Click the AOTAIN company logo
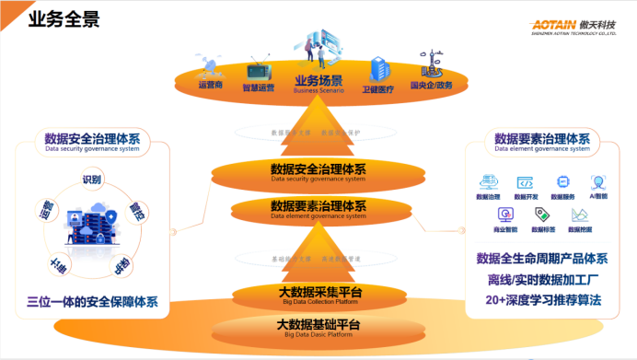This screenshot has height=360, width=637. click(x=570, y=24)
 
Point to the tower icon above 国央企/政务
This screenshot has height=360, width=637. click(x=430, y=67)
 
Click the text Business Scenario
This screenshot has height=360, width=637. click(x=318, y=91)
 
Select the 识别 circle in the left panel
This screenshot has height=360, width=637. click(x=92, y=180)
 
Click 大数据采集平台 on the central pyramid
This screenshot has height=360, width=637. click(x=318, y=293)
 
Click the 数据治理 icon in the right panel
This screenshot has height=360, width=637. click(x=488, y=183)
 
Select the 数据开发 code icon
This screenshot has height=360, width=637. click(x=525, y=183)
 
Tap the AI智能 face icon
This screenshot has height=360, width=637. click(x=598, y=183)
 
